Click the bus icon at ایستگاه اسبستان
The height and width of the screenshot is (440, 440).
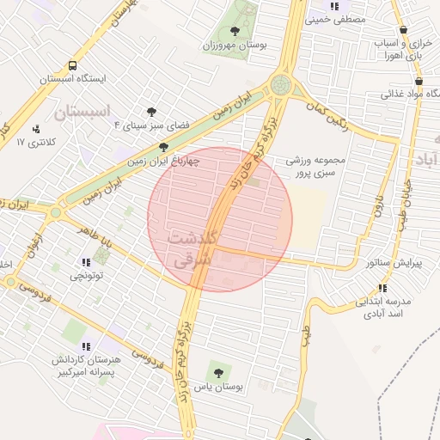coord(72,65)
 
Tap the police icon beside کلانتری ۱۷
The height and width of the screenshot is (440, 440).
coord(36,130)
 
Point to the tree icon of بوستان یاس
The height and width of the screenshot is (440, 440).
coord(215,374)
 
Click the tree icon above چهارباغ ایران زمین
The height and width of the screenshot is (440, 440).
coord(164,147)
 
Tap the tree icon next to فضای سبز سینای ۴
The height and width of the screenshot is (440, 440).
coord(152,112)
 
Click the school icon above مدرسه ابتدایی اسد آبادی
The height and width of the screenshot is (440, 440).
coord(382,288)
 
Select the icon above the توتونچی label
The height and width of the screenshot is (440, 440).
coord(85,263)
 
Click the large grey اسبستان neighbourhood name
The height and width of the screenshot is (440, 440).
coord(82,111)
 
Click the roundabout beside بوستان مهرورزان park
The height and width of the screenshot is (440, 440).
coord(280,85)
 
